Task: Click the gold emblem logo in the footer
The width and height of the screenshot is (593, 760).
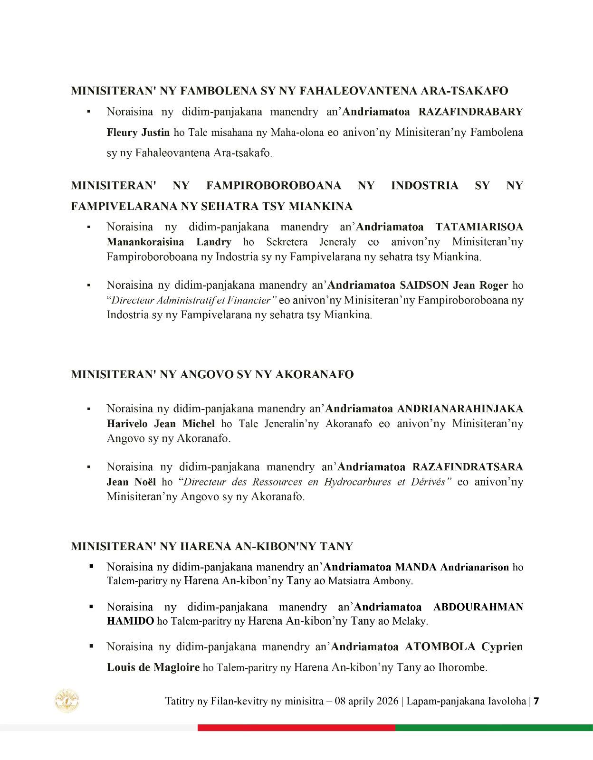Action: (x=67, y=701)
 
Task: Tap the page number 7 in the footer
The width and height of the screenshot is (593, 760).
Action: (x=536, y=701)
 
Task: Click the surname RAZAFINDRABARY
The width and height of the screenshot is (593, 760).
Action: (x=470, y=112)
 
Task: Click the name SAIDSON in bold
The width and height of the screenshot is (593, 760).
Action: (x=424, y=285)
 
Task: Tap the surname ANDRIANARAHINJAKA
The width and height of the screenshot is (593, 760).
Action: (x=459, y=409)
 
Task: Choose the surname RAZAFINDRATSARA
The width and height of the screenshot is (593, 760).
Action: (x=468, y=467)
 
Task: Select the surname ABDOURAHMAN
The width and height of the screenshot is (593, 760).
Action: (x=478, y=607)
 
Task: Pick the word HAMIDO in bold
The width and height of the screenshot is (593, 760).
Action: (x=130, y=621)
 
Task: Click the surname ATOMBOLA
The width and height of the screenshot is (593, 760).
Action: (x=440, y=647)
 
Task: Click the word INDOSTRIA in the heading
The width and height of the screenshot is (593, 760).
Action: (x=424, y=186)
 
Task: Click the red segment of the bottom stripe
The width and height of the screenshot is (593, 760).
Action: (x=296, y=727)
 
